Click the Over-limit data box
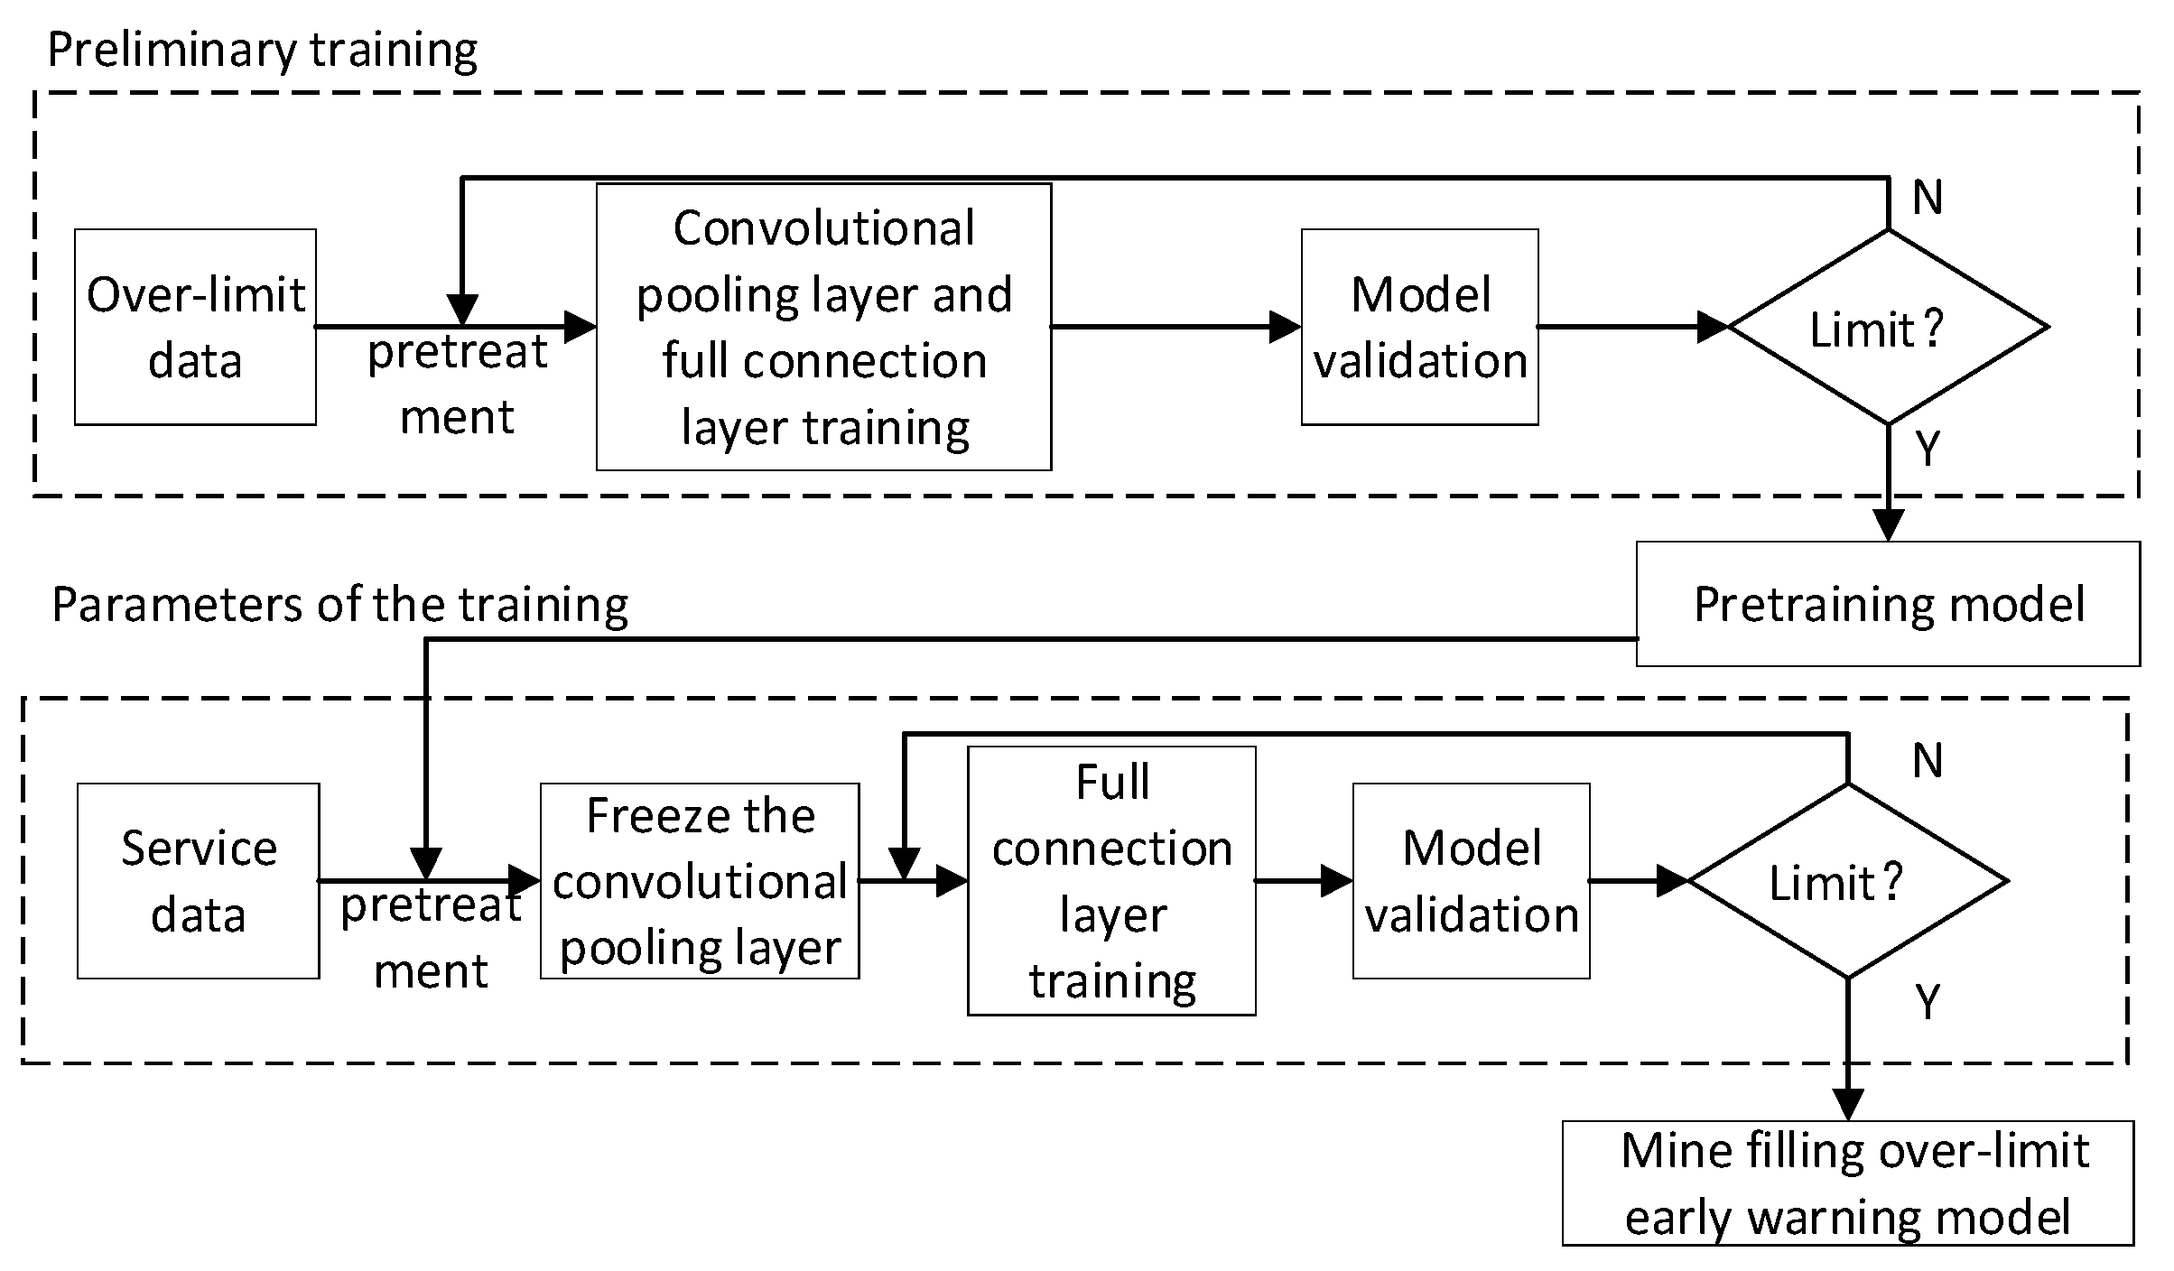pyautogui.click(x=195, y=327)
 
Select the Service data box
pyautogui.click(x=198, y=881)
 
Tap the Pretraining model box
pyautogui.click(x=1888, y=604)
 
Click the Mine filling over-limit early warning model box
pyautogui.click(x=1848, y=1183)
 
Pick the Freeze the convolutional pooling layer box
pyautogui.click(x=700, y=881)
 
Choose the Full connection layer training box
pyautogui.click(x=1111, y=881)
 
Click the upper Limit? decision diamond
pyautogui.click(x=1888, y=327)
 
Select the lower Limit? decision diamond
pyautogui.click(x=1847, y=881)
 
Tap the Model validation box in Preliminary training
pyautogui.click(x=1419, y=327)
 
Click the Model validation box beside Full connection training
pyautogui.click(x=1471, y=881)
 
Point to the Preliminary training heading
pyautogui.click(x=262, y=50)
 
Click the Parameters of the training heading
pyautogui.click(x=339, y=604)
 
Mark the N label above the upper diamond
pyautogui.click(x=1927, y=197)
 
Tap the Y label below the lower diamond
pyautogui.click(x=1927, y=1001)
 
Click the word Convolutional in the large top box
pyautogui.click(x=823, y=227)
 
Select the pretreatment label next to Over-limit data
pyautogui.click(x=457, y=384)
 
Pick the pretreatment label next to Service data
pyautogui.click(x=431, y=937)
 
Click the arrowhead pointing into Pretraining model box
pyautogui.click(x=1888, y=525)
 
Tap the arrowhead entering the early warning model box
pyautogui.click(x=1848, y=1105)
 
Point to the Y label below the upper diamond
pyautogui.click(x=1927, y=448)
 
